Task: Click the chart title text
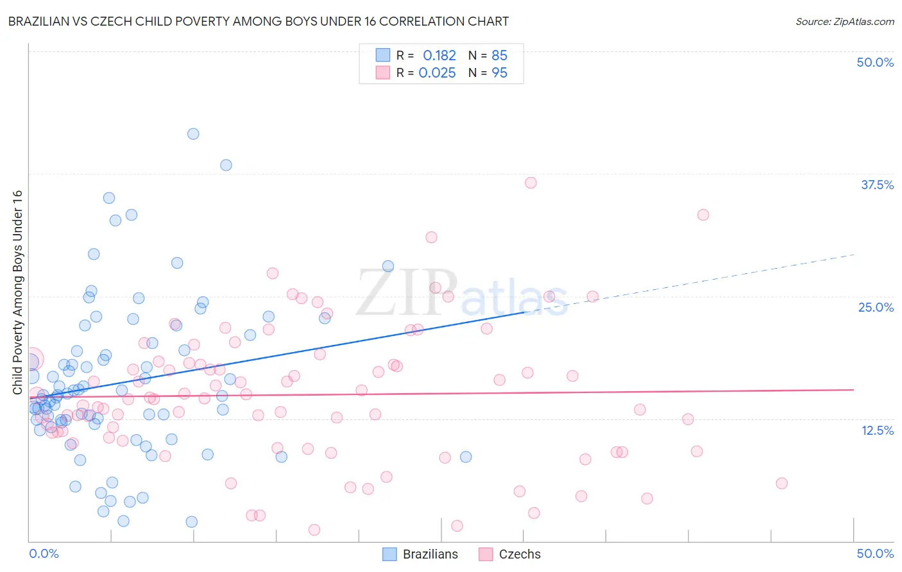pyautogui.click(x=258, y=21)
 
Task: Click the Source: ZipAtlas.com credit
pyautogui.click(x=844, y=21)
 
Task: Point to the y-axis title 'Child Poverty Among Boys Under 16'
pyautogui.click(x=17, y=292)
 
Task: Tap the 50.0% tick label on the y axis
pyautogui.click(x=875, y=62)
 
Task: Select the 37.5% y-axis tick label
pyautogui.click(x=877, y=185)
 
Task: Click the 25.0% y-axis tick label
pyautogui.click(x=876, y=307)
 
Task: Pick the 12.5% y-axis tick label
pyautogui.click(x=877, y=430)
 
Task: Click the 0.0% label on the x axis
pyautogui.click(x=44, y=553)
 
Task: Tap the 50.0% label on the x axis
pyautogui.click(x=875, y=553)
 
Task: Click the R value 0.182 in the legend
pyautogui.click(x=439, y=56)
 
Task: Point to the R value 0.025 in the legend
pyautogui.click(x=437, y=72)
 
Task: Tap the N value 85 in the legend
pyautogui.click(x=499, y=56)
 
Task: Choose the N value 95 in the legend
pyautogui.click(x=499, y=72)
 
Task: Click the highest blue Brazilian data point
pyautogui.click(x=193, y=134)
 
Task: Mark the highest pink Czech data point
pyautogui.click(x=531, y=183)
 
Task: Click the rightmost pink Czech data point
pyautogui.click(x=781, y=484)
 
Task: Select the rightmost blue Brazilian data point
pyautogui.click(x=466, y=457)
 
